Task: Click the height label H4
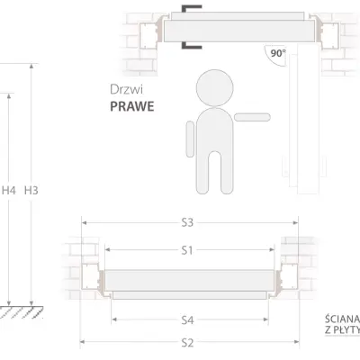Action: pos(9,191)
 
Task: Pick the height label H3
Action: pos(31,191)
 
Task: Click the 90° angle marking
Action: pos(277,54)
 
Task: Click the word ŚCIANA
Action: pos(342,319)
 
